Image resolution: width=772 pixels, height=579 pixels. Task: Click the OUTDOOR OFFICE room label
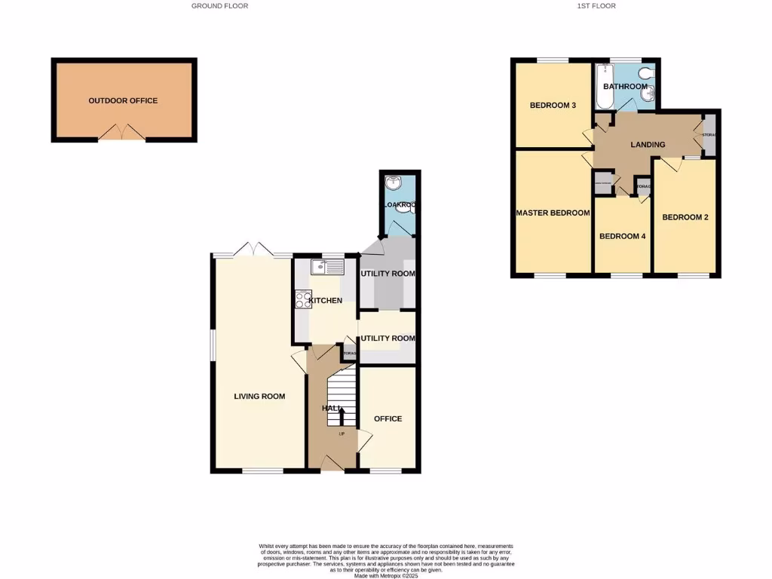point(123,100)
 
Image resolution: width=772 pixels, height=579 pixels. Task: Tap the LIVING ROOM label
point(259,396)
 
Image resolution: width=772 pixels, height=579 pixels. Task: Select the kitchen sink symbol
point(326,266)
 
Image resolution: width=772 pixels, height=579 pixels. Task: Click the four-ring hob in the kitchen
point(303,299)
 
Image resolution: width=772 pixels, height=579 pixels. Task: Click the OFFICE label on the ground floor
point(388,418)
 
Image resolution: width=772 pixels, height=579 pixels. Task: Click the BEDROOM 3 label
point(553,105)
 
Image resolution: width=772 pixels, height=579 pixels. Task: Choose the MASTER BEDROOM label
point(553,213)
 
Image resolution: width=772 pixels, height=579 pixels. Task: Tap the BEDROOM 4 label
point(622,236)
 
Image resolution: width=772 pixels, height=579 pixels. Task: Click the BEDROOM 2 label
point(685,217)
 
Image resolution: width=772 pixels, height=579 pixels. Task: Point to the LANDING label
point(648,144)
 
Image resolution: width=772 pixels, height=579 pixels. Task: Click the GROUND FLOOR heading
point(219,5)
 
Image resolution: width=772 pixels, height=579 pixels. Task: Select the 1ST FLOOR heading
point(596,5)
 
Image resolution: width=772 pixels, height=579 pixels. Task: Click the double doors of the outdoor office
point(123,133)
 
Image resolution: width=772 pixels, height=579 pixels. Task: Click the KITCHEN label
point(329,300)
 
